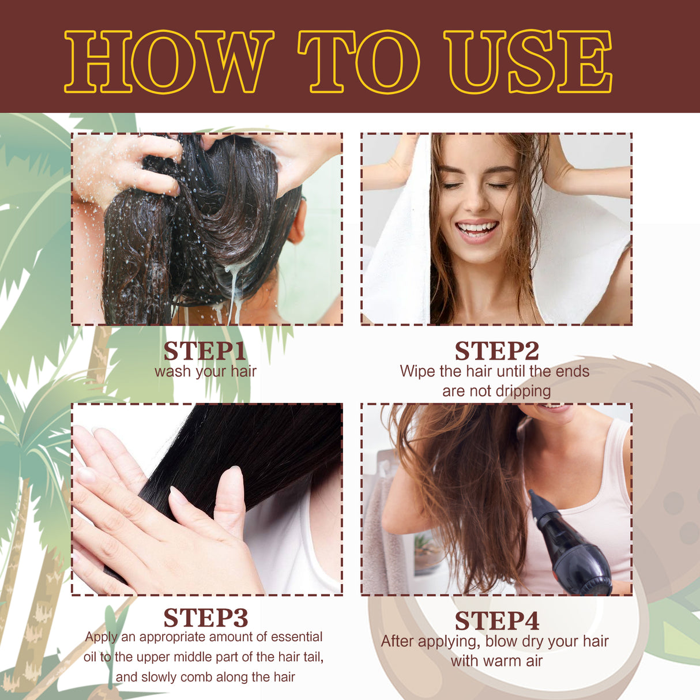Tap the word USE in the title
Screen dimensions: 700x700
(527, 62)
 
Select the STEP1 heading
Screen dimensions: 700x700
(205, 351)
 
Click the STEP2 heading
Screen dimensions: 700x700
(496, 351)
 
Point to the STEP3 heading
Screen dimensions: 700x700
(205, 618)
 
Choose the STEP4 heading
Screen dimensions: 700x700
(496, 621)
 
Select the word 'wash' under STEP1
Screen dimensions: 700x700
(172, 371)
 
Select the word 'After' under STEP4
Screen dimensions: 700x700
(398, 641)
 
